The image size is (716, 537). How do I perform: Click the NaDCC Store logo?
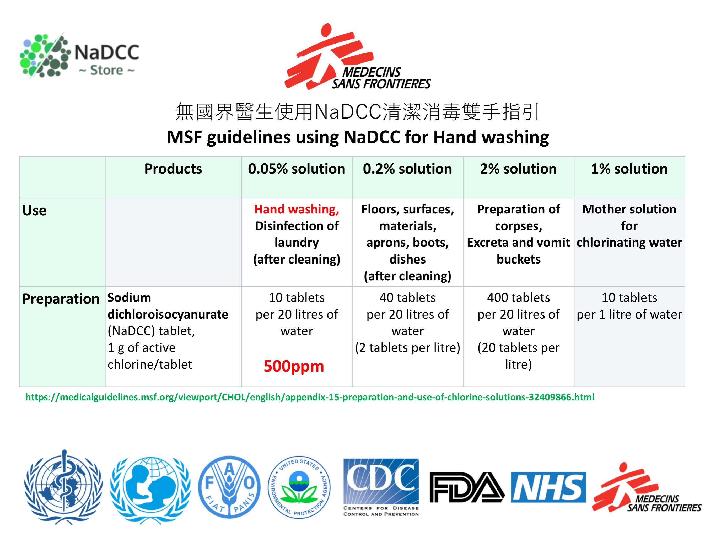(79, 56)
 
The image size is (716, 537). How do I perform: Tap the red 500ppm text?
(294, 366)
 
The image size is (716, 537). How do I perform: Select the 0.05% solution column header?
(297, 169)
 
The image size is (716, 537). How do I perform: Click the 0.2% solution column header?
(407, 169)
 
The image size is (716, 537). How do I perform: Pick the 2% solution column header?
(518, 169)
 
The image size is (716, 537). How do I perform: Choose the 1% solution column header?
(629, 169)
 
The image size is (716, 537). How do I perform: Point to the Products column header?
(173, 169)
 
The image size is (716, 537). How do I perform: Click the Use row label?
(34, 210)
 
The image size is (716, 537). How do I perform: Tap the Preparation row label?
(61, 299)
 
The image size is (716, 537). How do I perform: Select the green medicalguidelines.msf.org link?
(310, 397)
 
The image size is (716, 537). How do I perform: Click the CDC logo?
(381, 487)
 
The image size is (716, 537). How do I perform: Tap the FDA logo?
(467, 487)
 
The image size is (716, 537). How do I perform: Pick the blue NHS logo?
(548, 487)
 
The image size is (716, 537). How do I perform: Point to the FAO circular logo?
(229, 487)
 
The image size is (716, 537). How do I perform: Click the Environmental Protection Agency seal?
(299, 487)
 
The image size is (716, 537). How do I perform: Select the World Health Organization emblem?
(63, 487)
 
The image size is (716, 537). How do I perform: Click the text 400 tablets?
(518, 297)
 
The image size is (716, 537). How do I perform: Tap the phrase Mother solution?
(629, 209)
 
